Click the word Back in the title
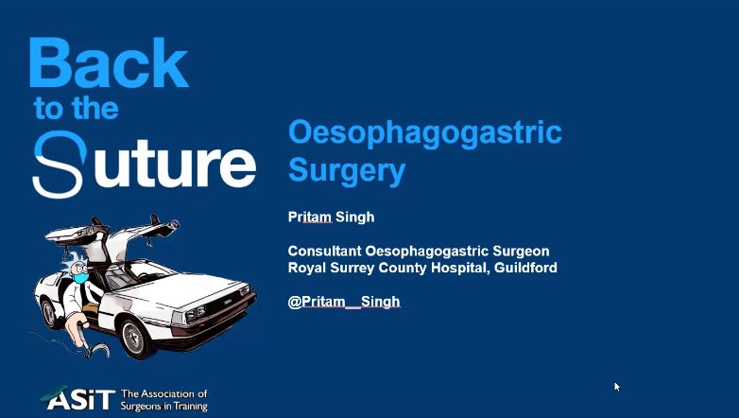[110, 62]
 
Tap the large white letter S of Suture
[60, 165]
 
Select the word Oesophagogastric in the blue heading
[425, 134]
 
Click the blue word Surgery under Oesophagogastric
[347, 171]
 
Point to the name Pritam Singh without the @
[332, 217]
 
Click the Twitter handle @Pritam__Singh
[344, 302]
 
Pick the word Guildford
[525, 268]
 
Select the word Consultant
[325, 251]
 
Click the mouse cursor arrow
[617, 388]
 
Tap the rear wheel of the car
[49, 313]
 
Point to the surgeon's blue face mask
[80, 278]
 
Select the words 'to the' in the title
[76, 109]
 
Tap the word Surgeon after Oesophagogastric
[521, 251]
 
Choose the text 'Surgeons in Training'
[164, 406]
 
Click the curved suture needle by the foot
[100, 351]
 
